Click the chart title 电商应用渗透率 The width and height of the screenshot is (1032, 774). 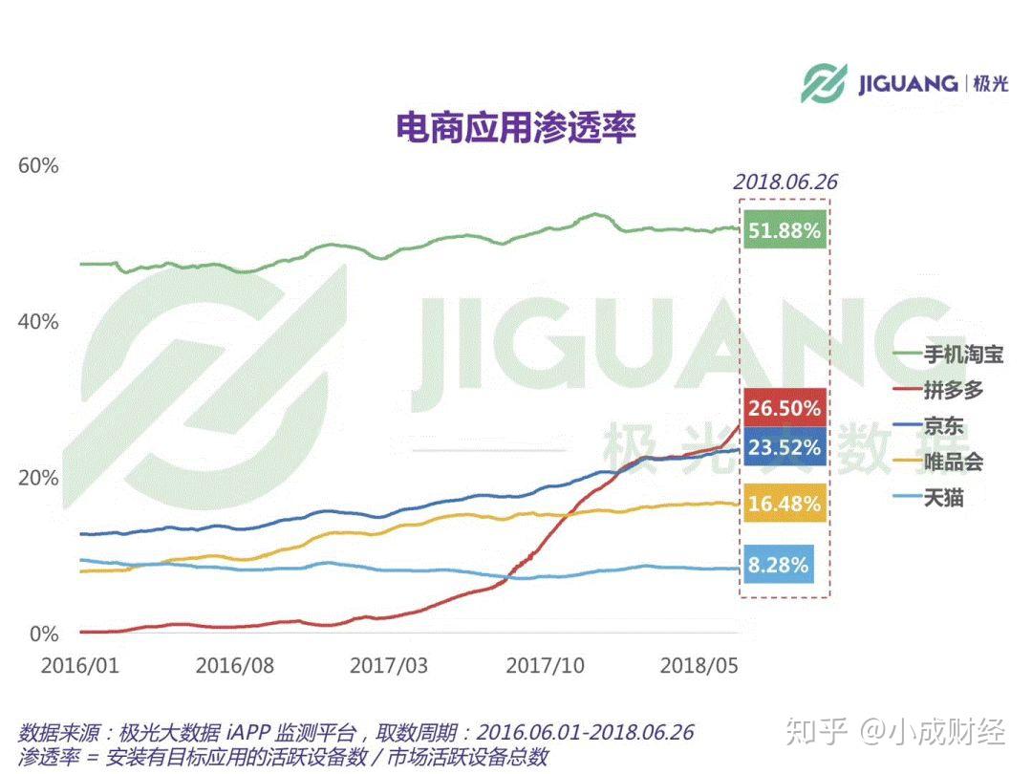(x=516, y=128)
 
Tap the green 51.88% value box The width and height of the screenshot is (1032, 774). (x=784, y=230)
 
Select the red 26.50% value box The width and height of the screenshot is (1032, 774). (x=784, y=409)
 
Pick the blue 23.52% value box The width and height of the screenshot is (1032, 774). (x=784, y=447)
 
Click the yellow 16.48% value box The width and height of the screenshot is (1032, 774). (x=784, y=503)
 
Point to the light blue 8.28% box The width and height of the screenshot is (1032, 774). (x=778, y=565)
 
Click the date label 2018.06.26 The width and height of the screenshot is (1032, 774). (x=785, y=182)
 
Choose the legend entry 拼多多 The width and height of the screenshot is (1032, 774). (x=953, y=391)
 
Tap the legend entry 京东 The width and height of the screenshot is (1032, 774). (x=943, y=426)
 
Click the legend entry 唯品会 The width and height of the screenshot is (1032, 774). (x=953, y=462)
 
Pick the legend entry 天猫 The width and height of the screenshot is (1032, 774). (x=943, y=498)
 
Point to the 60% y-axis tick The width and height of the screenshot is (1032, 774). (x=38, y=165)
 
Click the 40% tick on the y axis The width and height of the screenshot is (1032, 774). (x=38, y=321)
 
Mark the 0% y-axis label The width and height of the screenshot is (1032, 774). (x=43, y=634)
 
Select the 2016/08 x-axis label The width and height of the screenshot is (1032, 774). (x=234, y=665)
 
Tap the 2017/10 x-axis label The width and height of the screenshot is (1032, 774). (x=545, y=665)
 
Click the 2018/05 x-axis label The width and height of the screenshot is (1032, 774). (x=699, y=665)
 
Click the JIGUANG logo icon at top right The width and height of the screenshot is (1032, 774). (x=825, y=83)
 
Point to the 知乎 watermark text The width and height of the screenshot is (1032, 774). (x=815, y=733)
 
